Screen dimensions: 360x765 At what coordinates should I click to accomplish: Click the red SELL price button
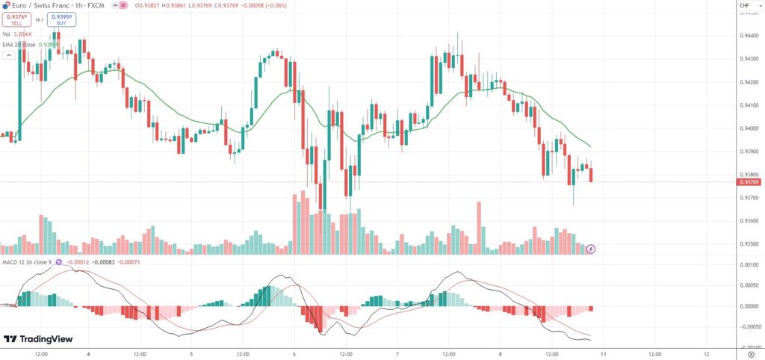point(16,19)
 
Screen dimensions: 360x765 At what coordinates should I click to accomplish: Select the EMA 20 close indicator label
point(28,44)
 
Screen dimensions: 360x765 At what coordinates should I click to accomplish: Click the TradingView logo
point(38,339)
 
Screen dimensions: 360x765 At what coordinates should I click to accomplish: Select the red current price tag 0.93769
point(749,181)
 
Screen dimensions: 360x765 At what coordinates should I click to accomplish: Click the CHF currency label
point(744,6)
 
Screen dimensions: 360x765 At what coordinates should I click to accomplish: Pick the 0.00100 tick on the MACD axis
point(748,265)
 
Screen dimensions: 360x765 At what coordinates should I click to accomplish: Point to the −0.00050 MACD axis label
point(747,326)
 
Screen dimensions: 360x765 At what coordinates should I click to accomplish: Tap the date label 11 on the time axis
point(603,353)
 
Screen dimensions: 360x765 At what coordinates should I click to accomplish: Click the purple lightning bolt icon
point(591,249)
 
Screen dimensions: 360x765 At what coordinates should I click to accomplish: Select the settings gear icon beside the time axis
point(751,353)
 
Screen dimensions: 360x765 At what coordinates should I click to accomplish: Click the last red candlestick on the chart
point(592,175)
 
